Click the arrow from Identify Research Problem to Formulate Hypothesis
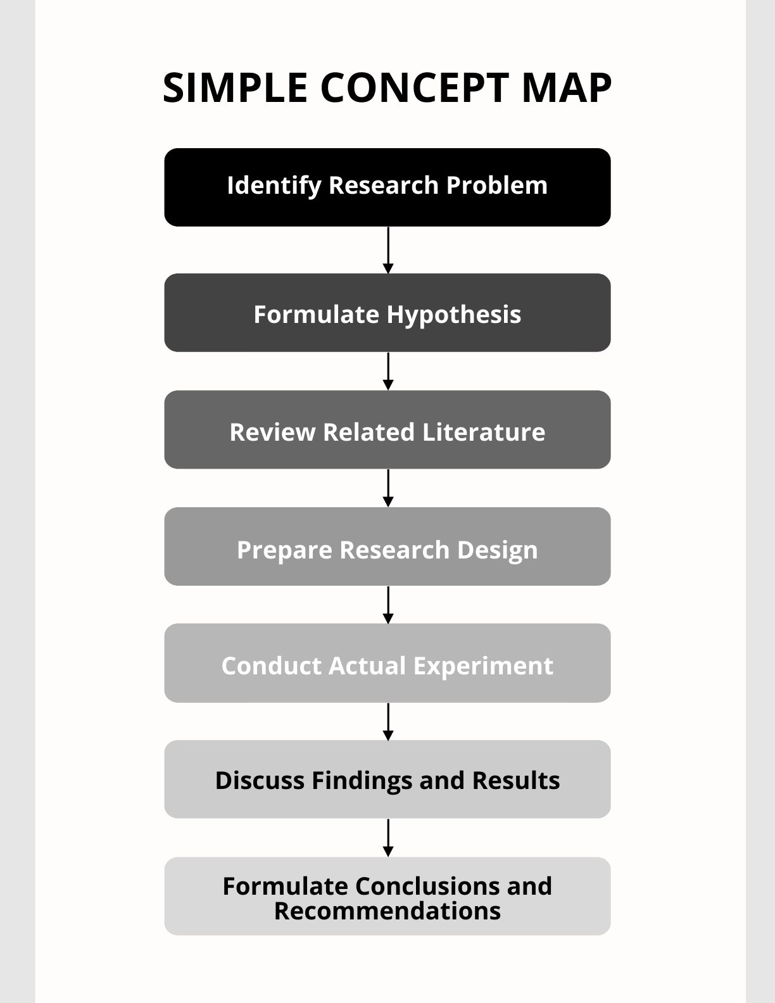[388, 250]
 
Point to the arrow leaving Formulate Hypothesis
[388, 371]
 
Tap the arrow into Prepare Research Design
[388, 488]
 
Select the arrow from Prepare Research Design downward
[388, 605]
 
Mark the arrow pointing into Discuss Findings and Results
[388, 721]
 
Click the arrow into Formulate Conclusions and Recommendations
[388, 838]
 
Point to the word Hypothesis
[454, 315]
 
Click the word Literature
[484, 432]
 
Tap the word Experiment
[483, 666]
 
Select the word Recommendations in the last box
[387, 911]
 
